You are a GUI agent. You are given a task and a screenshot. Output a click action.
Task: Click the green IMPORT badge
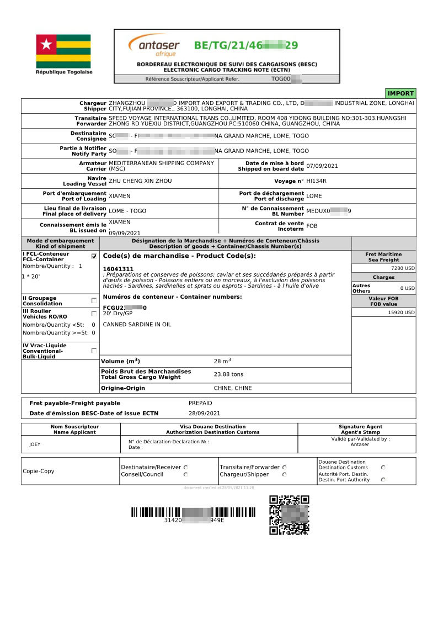coord(400,93)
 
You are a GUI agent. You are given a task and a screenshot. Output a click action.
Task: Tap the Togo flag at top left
coord(63,51)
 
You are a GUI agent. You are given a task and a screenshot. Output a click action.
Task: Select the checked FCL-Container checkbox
coord(94,256)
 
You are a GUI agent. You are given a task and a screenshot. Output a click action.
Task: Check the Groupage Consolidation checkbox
coord(94,300)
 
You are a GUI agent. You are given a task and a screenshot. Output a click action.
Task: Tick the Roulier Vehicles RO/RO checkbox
coord(94,314)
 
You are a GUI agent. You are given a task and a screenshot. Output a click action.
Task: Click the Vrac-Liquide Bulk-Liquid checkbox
coord(94,351)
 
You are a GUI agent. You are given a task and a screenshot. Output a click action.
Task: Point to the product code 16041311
coord(118,268)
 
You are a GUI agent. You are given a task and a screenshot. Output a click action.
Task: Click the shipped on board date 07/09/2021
coord(322,166)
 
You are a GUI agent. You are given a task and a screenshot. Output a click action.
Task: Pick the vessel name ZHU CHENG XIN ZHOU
coord(140,181)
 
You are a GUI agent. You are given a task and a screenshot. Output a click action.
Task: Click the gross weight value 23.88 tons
coord(228,374)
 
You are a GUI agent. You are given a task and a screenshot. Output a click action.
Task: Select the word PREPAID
coord(200,403)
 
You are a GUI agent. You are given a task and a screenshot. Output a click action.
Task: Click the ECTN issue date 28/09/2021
coord(204,414)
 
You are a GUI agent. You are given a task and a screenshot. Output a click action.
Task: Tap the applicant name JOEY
coord(34,444)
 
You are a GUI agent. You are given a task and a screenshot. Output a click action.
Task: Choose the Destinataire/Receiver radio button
coord(185,467)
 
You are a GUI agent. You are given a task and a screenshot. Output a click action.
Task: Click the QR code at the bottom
coord(289,515)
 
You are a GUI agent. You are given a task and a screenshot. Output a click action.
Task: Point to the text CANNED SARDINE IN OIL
coord(137,325)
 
